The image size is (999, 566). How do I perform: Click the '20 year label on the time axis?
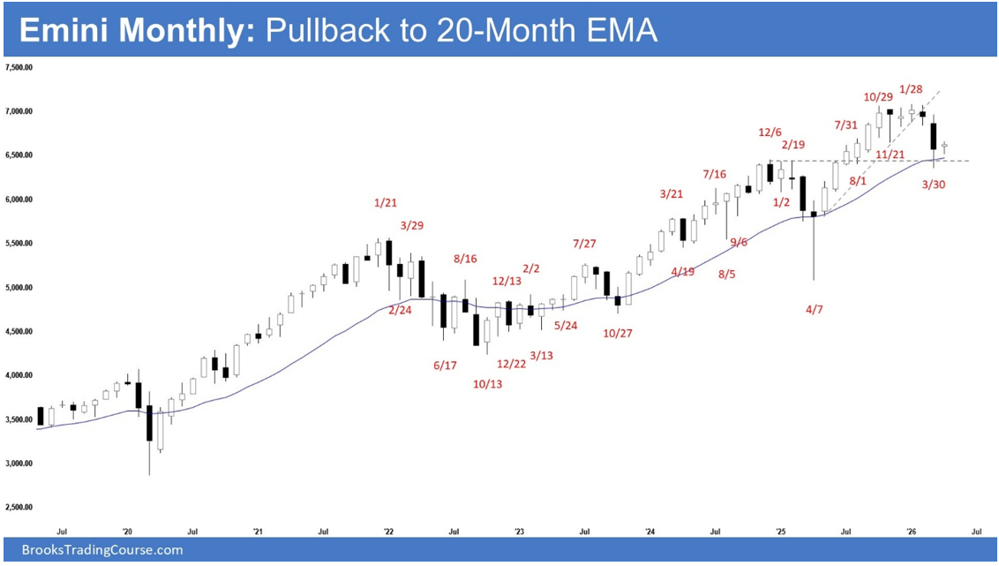[x=127, y=532]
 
